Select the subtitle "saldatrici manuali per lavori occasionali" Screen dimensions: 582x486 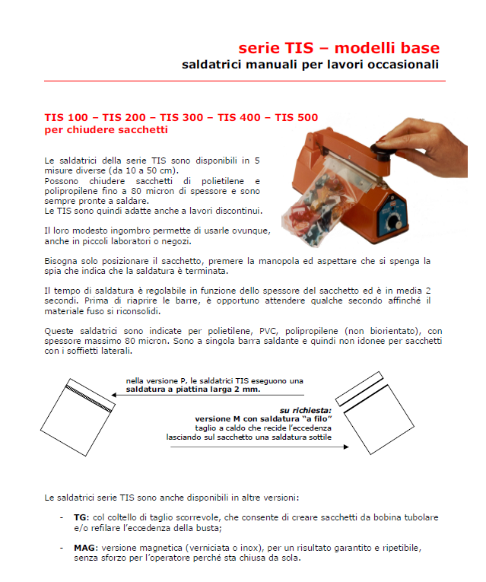click(x=310, y=65)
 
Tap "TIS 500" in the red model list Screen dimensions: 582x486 click(x=296, y=117)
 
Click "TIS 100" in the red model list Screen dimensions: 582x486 click(x=65, y=117)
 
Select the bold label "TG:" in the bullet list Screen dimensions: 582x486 click(x=81, y=517)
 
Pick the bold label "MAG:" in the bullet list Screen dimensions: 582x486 click(x=84, y=548)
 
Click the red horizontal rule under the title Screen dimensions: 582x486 click(x=244, y=81)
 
